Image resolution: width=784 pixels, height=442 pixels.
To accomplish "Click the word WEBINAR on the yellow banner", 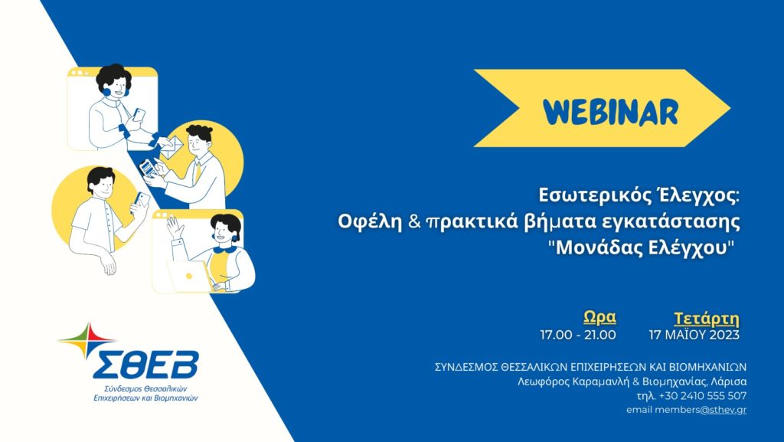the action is (x=610, y=112).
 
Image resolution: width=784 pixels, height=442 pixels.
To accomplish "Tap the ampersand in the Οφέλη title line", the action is (x=414, y=221).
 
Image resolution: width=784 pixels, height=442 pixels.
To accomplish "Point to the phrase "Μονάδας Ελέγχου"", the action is (x=645, y=247).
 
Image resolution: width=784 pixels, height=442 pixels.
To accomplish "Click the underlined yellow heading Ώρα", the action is (x=599, y=317).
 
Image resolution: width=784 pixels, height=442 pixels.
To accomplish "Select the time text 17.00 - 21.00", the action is (x=578, y=335).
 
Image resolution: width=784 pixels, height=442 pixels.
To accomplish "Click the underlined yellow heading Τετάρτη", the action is (x=706, y=319).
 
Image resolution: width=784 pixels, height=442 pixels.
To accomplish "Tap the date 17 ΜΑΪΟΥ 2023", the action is (x=694, y=335).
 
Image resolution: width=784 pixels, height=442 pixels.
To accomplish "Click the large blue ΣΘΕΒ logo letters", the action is (x=146, y=365).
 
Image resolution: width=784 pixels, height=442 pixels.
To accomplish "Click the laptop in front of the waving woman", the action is (x=190, y=277).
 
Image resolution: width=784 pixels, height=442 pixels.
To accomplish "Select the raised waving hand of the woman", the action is (x=175, y=228).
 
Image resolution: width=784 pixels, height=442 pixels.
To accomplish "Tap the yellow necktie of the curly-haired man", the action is (x=198, y=172).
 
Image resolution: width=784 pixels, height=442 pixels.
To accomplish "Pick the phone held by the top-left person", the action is (x=139, y=114).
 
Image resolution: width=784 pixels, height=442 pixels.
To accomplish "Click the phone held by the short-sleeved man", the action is (x=142, y=200).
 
